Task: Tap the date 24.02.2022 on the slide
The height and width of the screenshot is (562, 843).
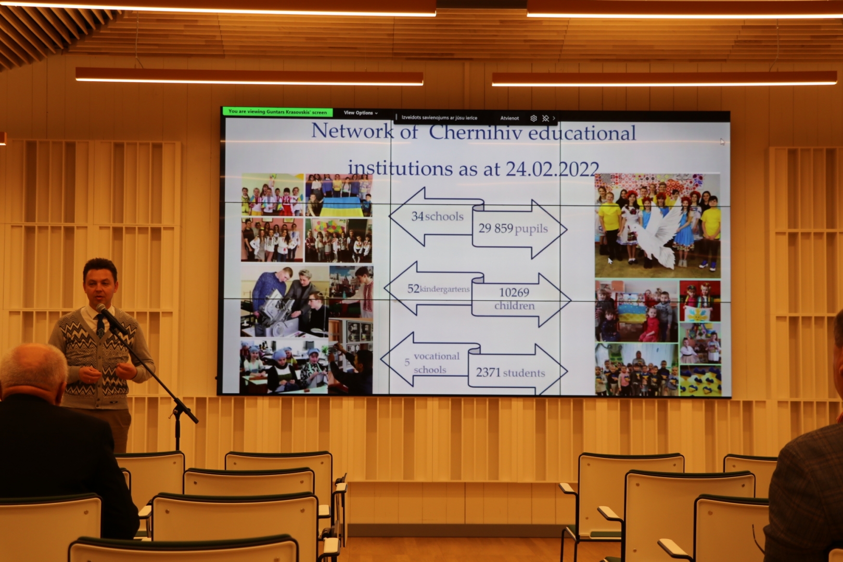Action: pyautogui.click(x=553, y=169)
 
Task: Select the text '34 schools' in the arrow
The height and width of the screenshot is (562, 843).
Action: pyautogui.click(x=437, y=216)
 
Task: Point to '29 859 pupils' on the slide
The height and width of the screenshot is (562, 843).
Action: pyautogui.click(x=513, y=228)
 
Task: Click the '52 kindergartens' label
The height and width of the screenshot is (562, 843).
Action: pyautogui.click(x=439, y=289)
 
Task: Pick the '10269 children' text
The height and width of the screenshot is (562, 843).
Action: pyautogui.click(x=514, y=299)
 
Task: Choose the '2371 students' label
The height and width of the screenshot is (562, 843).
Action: pyautogui.click(x=510, y=373)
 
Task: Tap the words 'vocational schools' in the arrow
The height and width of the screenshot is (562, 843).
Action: pyautogui.click(x=436, y=363)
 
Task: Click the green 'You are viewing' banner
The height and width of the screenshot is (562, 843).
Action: pyautogui.click(x=277, y=111)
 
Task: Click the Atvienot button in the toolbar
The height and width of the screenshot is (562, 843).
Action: pyautogui.click(x=509, y=118)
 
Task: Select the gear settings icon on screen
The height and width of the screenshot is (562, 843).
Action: pyautogui.click(x=533, y=118)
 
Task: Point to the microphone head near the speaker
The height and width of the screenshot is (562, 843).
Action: pyautogui.click(x=101, y=310)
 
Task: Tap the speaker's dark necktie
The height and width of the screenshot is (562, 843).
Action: pyautogui.click(x=100, y=326)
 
